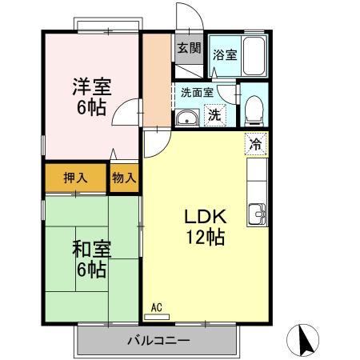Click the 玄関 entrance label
click(x=188, y=48)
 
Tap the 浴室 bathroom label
click(x=225, y=55)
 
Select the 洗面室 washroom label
click(x=197, y=92)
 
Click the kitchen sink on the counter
click(x=256, y=214)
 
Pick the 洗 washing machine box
click(x=214, y=114)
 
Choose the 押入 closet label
click(x=76, y=178)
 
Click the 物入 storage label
click(x=124, y=178)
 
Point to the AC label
click(x=157, y=306)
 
